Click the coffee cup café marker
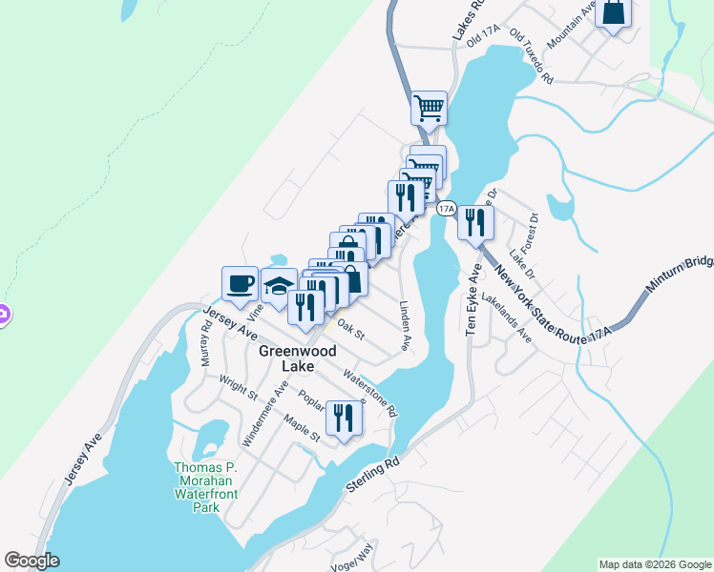[240, 283]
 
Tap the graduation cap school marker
[278, 286]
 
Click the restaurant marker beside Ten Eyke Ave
[473, 223]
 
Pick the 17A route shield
[445, 207]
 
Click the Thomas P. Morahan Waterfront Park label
[211, 487]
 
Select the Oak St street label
[351, 328]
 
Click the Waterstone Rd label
[370, 392]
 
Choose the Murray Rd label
[205, 340]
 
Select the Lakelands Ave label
[507, 317]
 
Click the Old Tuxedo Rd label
[532, 56]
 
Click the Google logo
[31, 561]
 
